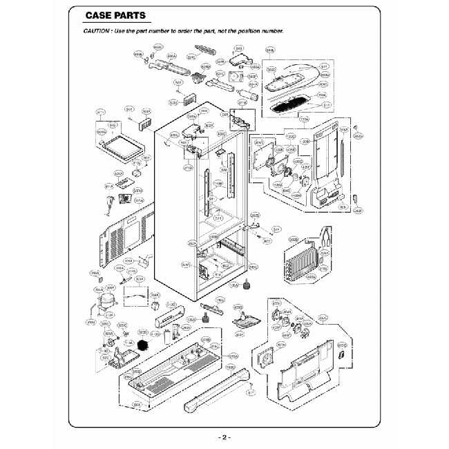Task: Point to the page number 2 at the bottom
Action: tap(224, 438)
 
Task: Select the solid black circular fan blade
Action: tap(143, 343)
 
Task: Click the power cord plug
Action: tap(111, 202)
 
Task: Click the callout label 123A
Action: tap(303, 119)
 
